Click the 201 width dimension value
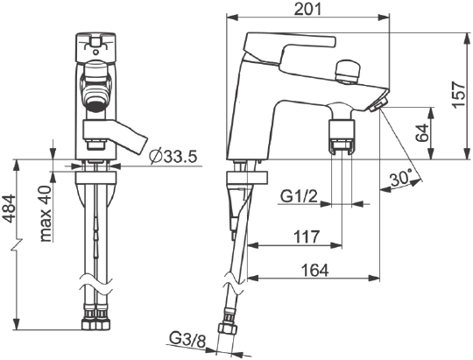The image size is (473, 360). [307, 9]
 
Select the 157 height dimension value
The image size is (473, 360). [460, 94]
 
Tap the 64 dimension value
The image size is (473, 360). [422, 133]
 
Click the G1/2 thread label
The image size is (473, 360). [300, 197]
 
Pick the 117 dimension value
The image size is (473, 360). [307, 236]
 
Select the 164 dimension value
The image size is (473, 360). [315, 270]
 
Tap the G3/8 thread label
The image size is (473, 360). [187, 340]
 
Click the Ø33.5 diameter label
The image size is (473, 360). [173, 157]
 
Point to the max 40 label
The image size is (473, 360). [46, 214]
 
